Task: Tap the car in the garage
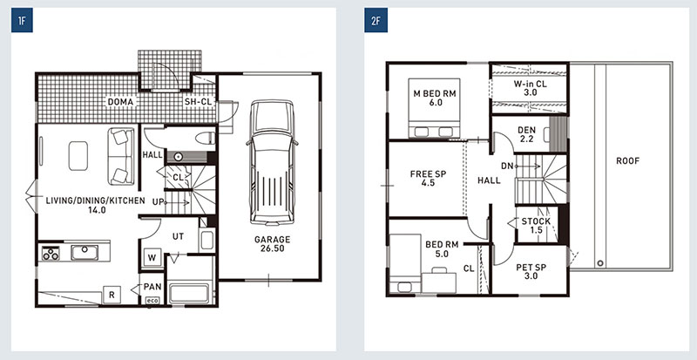pos(272,162)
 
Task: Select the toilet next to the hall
pos(206,139)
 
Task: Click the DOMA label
pos(120,102)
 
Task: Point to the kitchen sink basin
pos(85,252)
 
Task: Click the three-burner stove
pos(51,253)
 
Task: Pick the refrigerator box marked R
pos(112,295)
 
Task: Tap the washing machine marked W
pos(152,257)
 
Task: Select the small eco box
pos(152,301)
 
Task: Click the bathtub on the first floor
pos(189,292)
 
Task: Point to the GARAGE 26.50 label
pos(273,244)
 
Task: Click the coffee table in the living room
pos(78,156)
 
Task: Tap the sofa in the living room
pos(121,156)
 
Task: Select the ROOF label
pos(627,161)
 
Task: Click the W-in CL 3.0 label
pos(531,88)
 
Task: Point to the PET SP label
pos(531,268)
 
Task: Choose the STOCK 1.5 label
pos(536,226)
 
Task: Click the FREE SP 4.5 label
pos(428,178)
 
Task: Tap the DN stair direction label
pos(507,166)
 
